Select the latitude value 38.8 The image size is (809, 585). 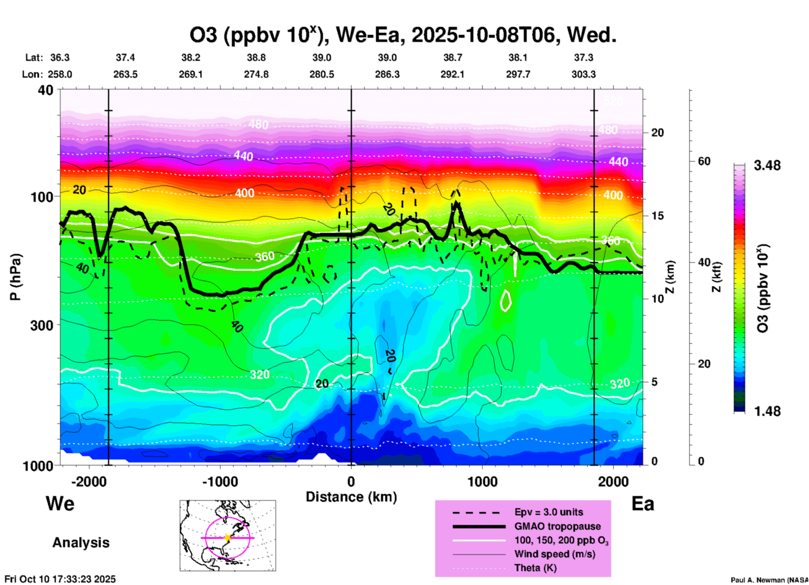tap(256, 57)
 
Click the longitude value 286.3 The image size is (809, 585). tap(387, 74)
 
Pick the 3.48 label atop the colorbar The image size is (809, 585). tap(767, 166)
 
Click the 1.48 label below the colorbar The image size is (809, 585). tap(767, 411)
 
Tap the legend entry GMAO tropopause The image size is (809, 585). tap(557, 526)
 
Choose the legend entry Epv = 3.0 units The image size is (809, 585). tap(549, 512)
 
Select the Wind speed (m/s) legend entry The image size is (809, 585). tap(554, 554)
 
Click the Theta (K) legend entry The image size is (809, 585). tap(535, 568)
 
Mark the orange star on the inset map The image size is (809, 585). tap(228, 538)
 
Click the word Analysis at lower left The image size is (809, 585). tap(81, 543)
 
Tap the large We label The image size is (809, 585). tap(60, 503)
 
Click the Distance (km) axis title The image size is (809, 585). tap(351, 497)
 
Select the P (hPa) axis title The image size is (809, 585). tap(15, 277)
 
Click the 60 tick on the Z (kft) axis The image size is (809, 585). tap(704, 161)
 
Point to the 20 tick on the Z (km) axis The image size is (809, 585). tap(657, 133)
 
